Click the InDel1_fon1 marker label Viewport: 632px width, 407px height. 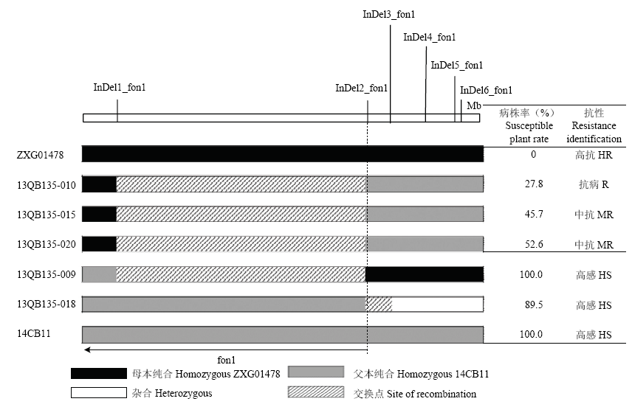coord(120,87)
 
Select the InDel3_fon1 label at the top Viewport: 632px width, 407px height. coord(388,15)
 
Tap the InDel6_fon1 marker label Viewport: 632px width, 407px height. coord(486,90)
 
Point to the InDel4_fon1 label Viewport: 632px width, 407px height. coord(429,38)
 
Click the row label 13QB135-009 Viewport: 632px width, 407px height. coord(47,274)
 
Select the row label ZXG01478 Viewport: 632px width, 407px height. coord(41,155)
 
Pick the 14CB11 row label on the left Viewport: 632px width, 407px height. coord(33,334)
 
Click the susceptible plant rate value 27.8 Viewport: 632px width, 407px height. coord(534,184)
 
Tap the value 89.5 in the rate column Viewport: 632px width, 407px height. coord(534,305)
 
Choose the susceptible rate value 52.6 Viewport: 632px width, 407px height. coord(534,244)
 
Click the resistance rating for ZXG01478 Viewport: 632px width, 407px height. coord(594,155)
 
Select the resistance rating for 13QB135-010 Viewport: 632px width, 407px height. coord(594,184)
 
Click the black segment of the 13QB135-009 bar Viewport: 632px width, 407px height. coord(425,274)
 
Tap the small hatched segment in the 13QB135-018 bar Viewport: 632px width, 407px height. coord(379,305)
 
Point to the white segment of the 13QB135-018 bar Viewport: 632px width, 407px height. coord(437,305)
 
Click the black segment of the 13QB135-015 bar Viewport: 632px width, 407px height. coord(99,214)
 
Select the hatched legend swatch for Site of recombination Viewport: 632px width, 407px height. coord(316,392)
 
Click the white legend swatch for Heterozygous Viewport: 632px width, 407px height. coord(99,392)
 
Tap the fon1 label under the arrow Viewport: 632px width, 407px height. coord(226,360)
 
